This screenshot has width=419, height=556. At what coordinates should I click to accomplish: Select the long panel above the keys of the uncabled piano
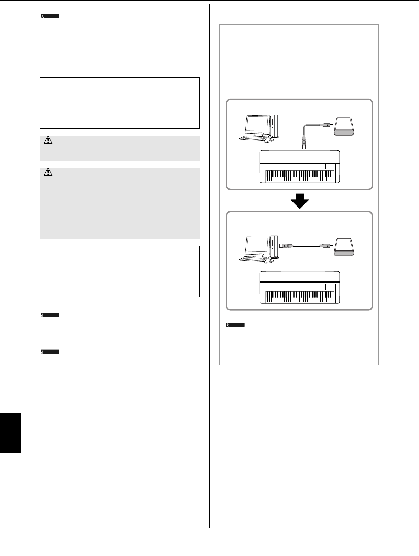coord(300,287)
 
